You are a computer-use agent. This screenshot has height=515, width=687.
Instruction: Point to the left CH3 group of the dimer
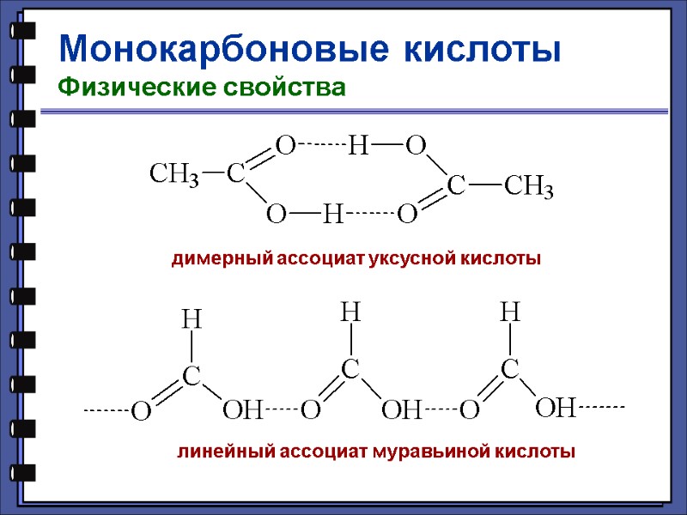(174, 175)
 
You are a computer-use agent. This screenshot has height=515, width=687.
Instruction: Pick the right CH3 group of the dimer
(528, 186)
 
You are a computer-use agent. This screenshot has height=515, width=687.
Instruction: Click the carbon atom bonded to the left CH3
(235, 175)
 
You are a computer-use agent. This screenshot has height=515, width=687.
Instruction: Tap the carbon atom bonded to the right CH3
(456, 185)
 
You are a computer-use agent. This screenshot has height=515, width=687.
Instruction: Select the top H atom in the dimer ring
(357, 147)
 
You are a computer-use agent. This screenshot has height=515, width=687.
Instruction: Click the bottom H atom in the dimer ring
(332, 214)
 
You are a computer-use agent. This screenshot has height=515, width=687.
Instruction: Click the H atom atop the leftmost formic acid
(192, 320)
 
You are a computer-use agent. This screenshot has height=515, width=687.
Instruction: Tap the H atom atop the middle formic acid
(350, 312)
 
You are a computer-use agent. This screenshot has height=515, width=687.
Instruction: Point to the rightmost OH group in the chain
(554, 408)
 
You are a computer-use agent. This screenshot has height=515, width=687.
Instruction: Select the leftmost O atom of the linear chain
(140, 413)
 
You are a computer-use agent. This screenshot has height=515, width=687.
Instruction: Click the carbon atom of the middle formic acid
(350, 369)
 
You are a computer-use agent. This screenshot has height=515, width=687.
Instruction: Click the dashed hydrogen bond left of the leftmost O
(105, 411)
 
